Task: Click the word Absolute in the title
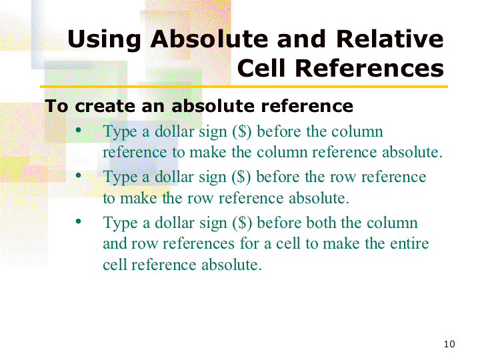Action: pyautogui.click(x=209, y=39)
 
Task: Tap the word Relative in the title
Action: pyautogui.click(x=390, y=39)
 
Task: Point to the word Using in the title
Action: pyautogui.click(x=105, y=40)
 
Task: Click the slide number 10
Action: pyautogui.click(x=449, y=344)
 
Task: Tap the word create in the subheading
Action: pyautogui.click(x=105, y=106)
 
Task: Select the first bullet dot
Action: pyautogui.click(x=79, y=130)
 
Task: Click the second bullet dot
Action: pyautogui.click(x=79, y=175)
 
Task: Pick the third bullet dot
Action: pyautogui.click(x=79, y=221)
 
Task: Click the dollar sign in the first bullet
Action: pyautogui.click(x=242, y=132)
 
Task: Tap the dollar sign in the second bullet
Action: pyautogui.click(x=241, y=177)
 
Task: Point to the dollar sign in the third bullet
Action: pyautogui.click(x=242, y=223)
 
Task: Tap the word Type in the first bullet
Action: pyautogui.click(x=120, y=132)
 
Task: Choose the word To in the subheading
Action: pyautogui.click(x=56, y=106)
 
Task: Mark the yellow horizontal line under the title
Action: pyautogui.click(x=244, y=87)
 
